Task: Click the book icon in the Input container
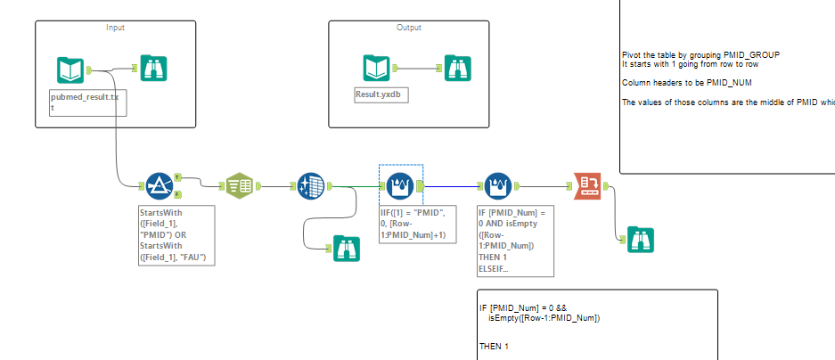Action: [70, 70]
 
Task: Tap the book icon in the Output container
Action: [376, 68]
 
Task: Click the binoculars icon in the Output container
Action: [457, 68]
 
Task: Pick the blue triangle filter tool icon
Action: [159, 185]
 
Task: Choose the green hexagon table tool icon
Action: [239, 185]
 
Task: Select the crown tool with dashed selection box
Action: [399, 185]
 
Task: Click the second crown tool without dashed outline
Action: [496, 185]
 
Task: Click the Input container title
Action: [115, 27]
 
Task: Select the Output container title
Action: [408, 27]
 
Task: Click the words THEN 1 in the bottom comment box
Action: [493, 345]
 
